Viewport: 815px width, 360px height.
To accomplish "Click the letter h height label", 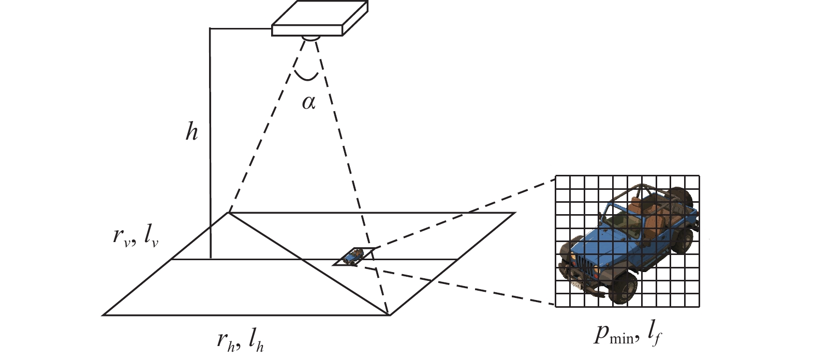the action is [192, 131].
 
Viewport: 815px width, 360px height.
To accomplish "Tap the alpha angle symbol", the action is [308, 102].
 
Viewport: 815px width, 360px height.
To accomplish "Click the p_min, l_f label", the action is [628, 335].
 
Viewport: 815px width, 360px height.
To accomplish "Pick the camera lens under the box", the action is [310, 38].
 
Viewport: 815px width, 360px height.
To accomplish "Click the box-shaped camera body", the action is [320, 18].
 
